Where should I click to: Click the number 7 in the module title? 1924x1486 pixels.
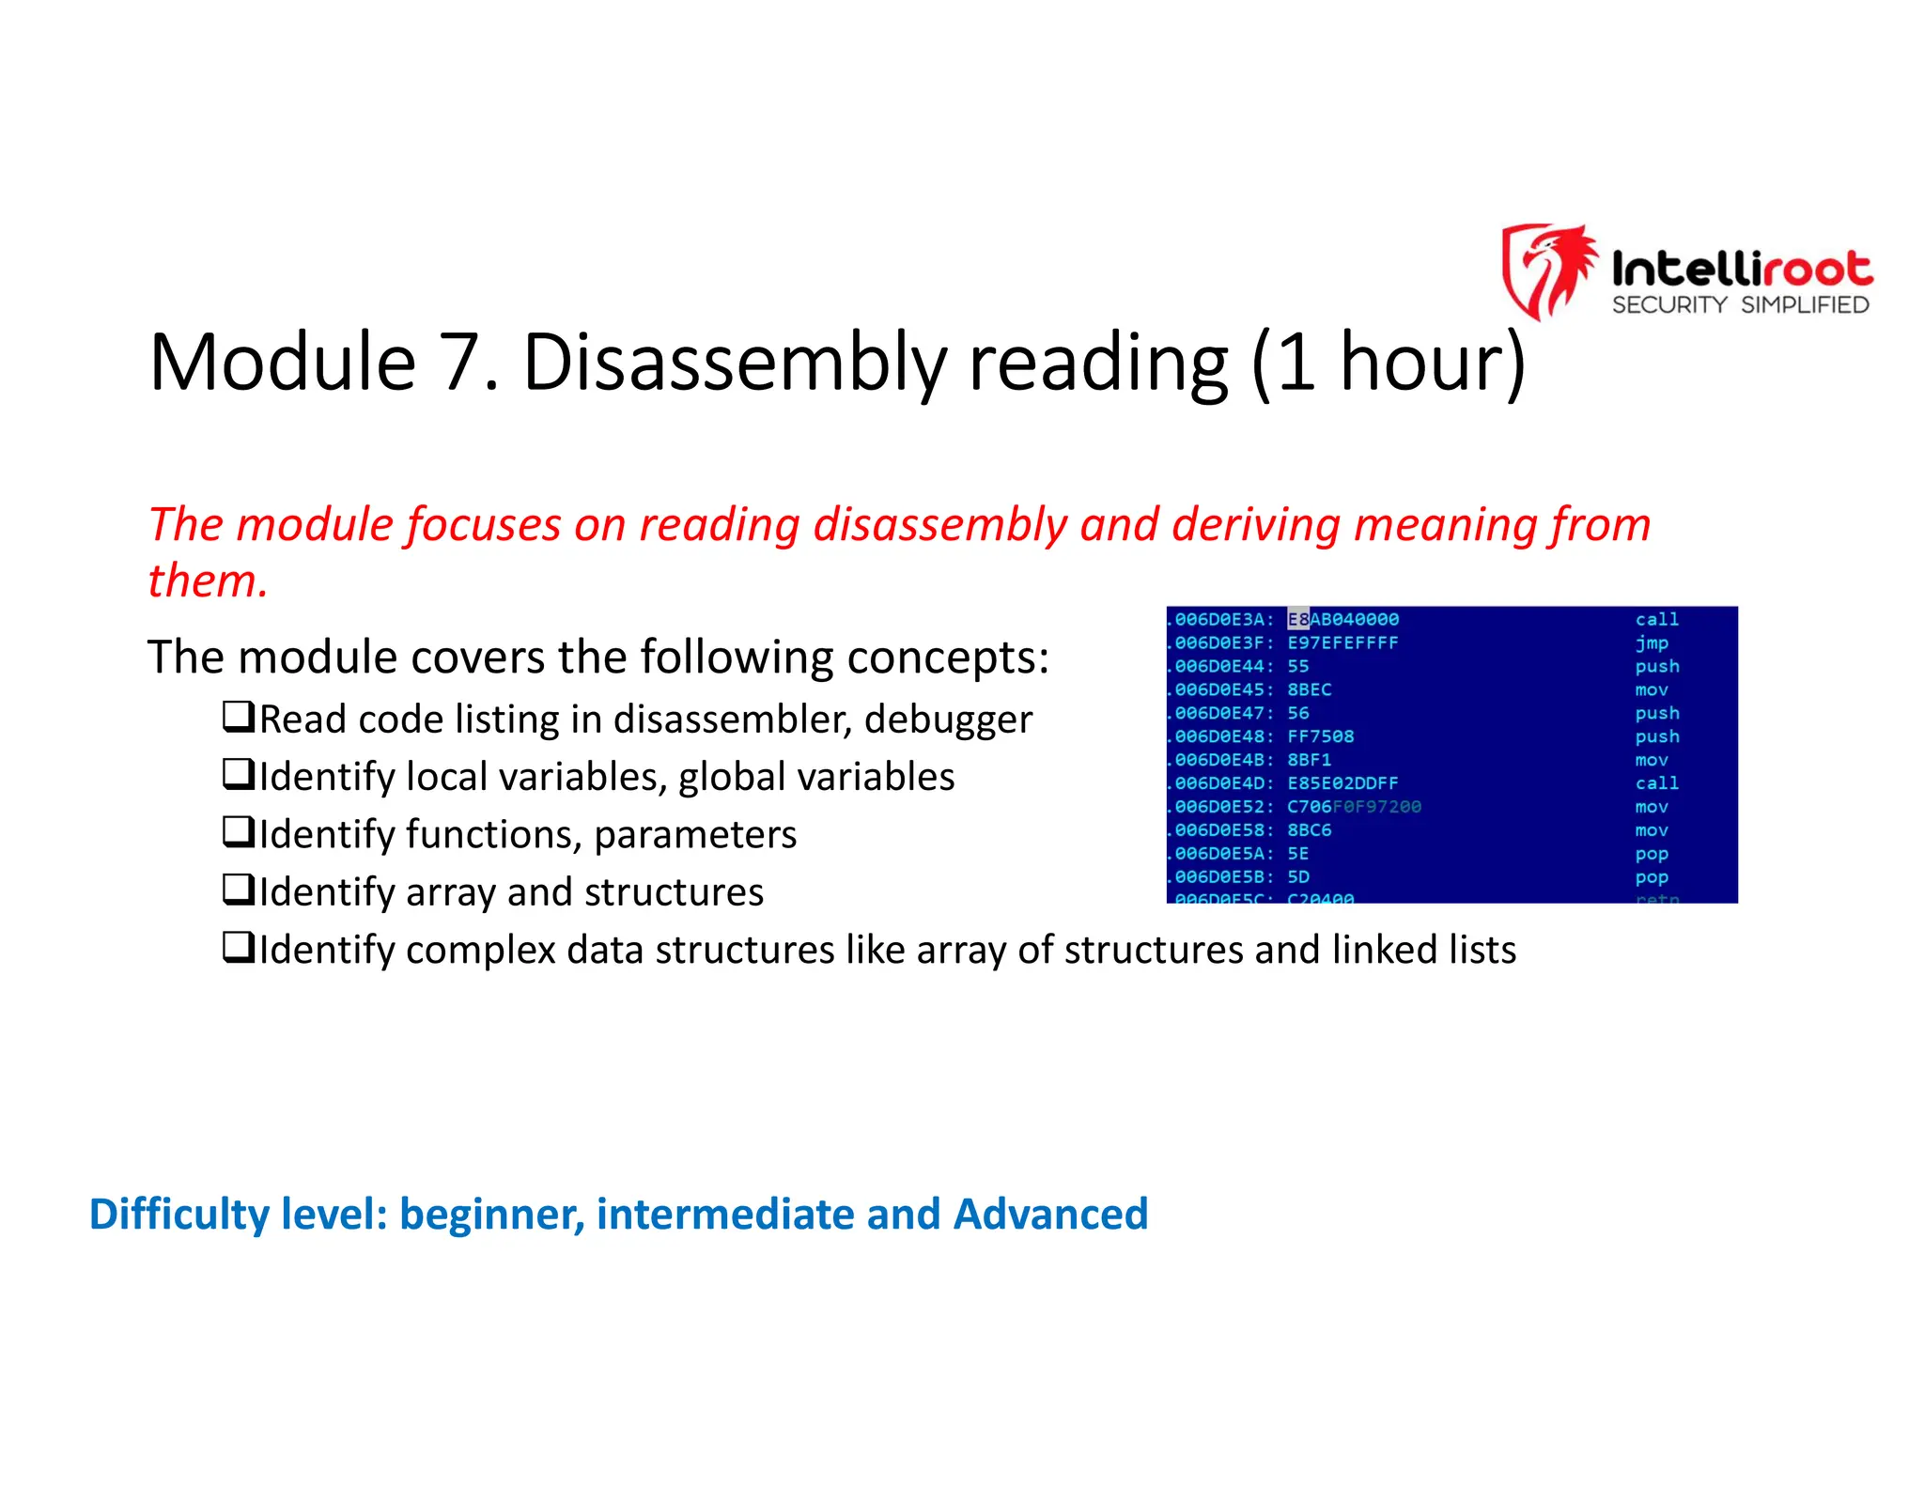pyautogui.click(x=460, y=363)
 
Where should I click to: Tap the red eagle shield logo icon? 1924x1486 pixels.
pyautogui.click(x=1547, y=271)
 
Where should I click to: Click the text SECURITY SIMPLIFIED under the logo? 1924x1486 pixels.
pyautogui.click(x=1740, y=305)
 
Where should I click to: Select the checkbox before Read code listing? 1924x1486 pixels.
pyautogui.click(x=238, y=718)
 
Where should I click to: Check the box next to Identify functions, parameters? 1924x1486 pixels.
pyautogui.click(x=238, y=832)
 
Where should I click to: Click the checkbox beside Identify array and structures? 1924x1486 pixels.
pyautogui.click(x=238, y=890)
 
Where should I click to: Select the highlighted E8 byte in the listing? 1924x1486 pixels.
pyautogui.click(x=1297, y=620)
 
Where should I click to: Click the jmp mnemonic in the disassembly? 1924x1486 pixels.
pyautogui.click(x=1651, y=643)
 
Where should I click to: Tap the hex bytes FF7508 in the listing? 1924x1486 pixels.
pyautogui.click(x=1320, y=736)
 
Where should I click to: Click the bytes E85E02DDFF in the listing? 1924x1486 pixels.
pyautogui.click(x=1342, y=783)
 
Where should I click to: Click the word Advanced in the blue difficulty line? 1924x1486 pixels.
pyautogui.click(x=1049, y=1215)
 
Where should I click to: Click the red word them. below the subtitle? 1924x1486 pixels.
pyautogui.click(x=208, y=580)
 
